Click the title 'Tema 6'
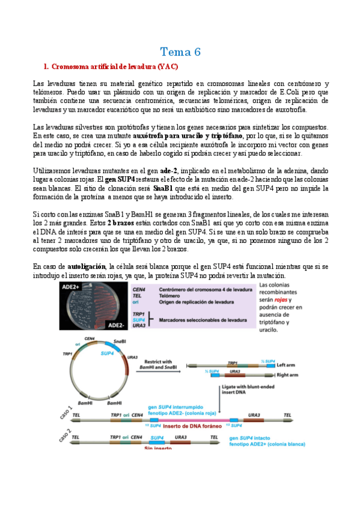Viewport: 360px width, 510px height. coord(180,52)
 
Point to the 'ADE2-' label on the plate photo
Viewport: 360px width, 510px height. coord(116,324)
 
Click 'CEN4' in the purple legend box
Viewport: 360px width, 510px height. coord(139,289)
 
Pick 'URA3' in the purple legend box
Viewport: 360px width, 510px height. coord(139,325)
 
